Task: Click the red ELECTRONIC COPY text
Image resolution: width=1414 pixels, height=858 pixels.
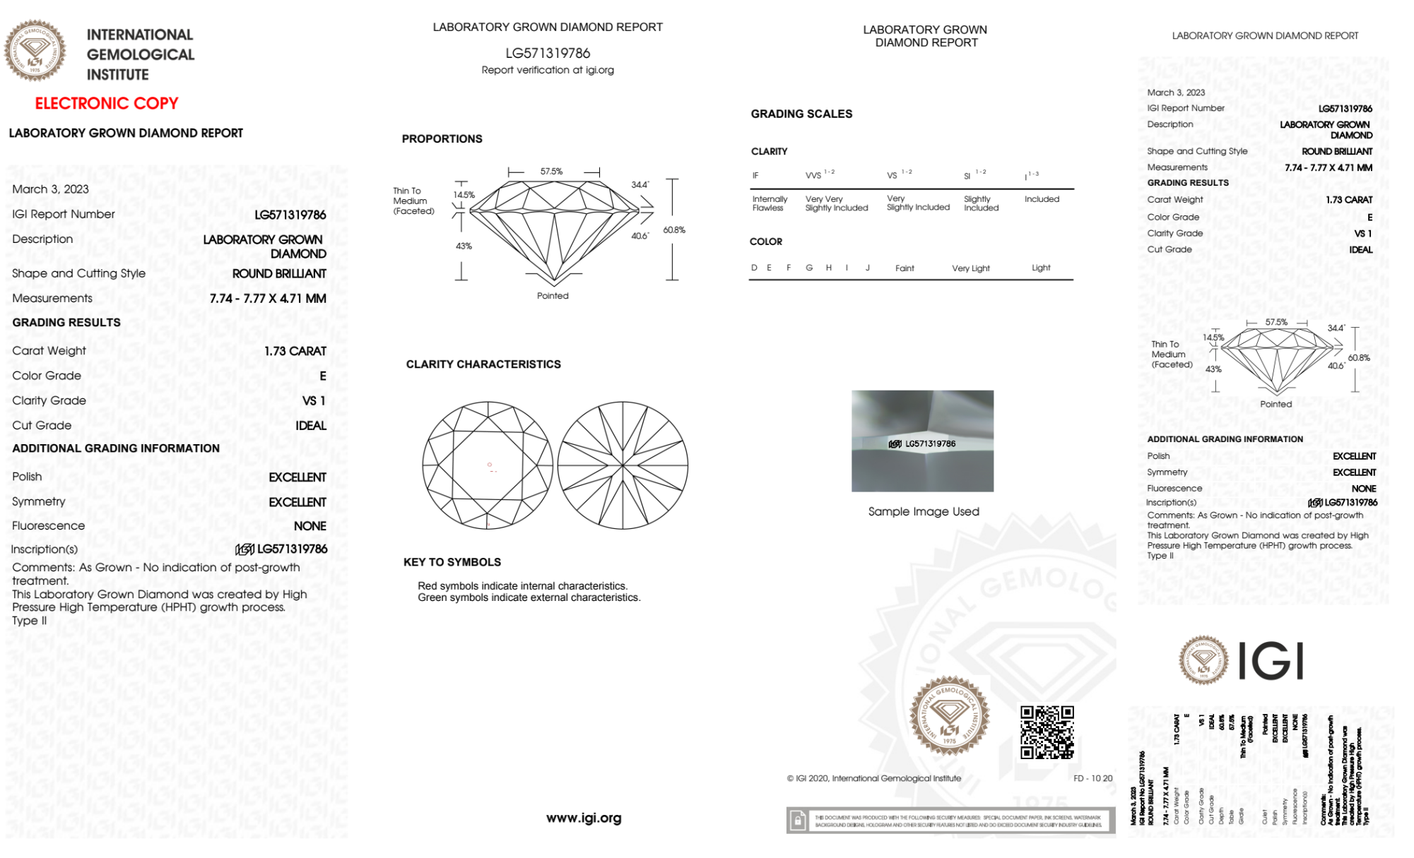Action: coord(107,103)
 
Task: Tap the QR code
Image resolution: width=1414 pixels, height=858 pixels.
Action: coord(1047,732)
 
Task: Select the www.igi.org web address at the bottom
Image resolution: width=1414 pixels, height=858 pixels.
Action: coord(584,818)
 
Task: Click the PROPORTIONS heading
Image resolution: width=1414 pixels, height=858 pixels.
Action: coord(442,138)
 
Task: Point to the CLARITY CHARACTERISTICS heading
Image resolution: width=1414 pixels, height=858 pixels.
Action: coord(483,364)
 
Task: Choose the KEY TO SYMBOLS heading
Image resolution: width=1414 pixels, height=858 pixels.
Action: coord(452,562)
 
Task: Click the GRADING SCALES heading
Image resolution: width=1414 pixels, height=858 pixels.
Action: coord(801,114)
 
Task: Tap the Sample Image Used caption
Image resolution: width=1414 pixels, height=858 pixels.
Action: coord(924,511)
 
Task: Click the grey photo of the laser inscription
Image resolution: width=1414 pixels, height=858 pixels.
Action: coord(922,441)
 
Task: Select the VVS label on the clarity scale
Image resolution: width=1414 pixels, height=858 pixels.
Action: coord(814,175)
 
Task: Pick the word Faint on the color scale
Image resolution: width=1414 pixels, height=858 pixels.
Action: coord(905,268)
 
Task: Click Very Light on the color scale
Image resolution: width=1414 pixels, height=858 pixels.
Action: coord(971,268)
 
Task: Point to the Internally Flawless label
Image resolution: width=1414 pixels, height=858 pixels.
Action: coord(770,203)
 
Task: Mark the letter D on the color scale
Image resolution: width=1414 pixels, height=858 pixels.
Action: coord(754,268)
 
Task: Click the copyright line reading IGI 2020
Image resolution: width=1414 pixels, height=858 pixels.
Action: coord(874,778)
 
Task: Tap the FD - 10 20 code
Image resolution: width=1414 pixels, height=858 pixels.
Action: coord(1092,778)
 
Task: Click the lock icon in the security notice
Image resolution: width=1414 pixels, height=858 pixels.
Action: coord(798,821)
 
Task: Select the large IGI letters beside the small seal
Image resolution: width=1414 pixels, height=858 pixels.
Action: coord(1271,662)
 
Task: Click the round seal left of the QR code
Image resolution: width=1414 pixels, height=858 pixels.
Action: coord(949,716)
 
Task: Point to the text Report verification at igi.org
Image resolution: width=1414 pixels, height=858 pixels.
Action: coord(548,70)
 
